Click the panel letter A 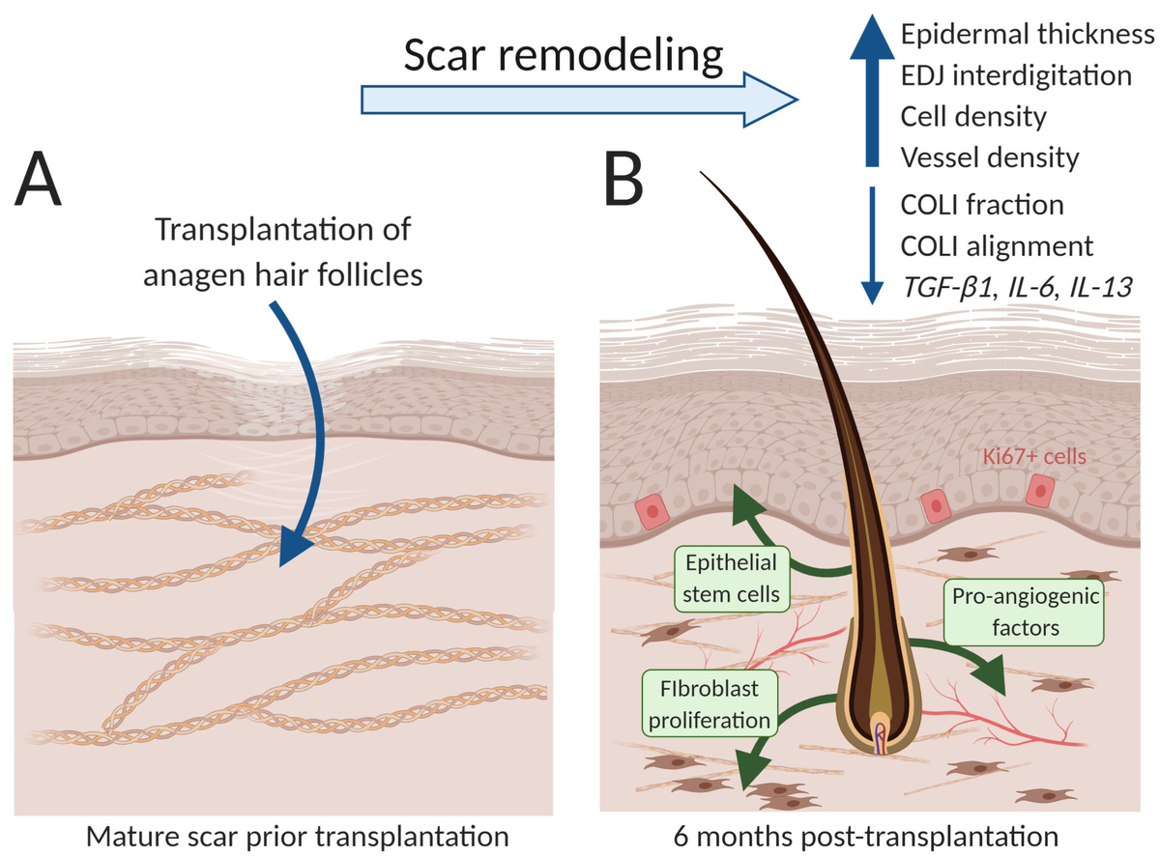[x=38, y=180]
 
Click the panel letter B [x=623, y=180]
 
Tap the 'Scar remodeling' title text [x=564, y=56]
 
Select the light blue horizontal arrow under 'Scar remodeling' [x=579, y=100]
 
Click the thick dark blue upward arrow [x=872, y=91]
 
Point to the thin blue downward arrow [x=872, y=245]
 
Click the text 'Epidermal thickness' [x=1028, y=35]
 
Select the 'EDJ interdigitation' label [x=1016, y=75]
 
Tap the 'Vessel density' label [x=990, y=157]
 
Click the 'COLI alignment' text [x=997, y=245]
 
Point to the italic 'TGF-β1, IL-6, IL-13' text [x=1017, y=287]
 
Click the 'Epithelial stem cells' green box [x=731, y=579]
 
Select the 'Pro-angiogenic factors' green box [x=1025, y=613]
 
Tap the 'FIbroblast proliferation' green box [x=710, y=703]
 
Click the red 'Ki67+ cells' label [x=1034, y=456]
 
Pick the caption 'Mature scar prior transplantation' [x=297, y=837]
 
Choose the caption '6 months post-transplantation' [x=865, y=837]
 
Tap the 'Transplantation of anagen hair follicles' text [x=283, y=251]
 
